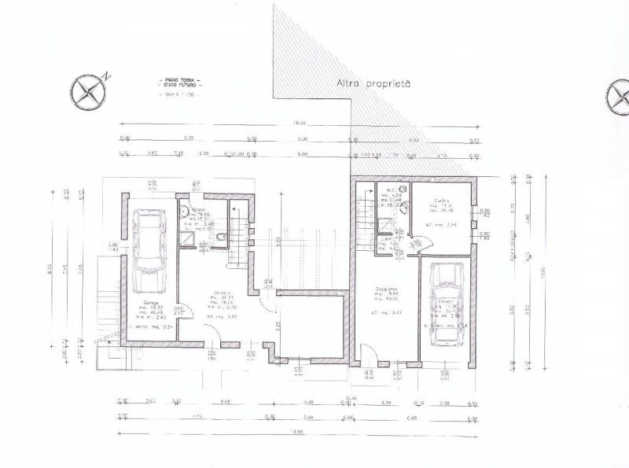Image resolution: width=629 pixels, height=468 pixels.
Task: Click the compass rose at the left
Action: click(87, 91)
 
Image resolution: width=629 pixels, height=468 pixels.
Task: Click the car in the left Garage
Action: click(146, 252)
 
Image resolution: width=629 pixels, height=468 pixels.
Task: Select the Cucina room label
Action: click(440, 201)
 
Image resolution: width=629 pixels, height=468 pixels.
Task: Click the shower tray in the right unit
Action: click(384, 225)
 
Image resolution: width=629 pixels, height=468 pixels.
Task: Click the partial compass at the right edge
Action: click(618, 97)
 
